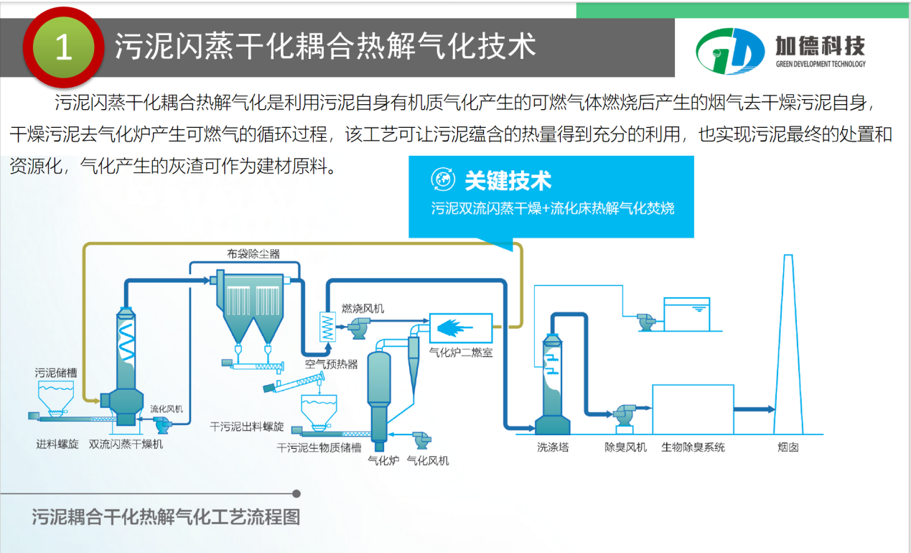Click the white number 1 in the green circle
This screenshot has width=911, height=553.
pos(63,47)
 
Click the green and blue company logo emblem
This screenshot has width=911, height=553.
pos(730,51)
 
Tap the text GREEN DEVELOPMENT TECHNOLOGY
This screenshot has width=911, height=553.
pos(821,64)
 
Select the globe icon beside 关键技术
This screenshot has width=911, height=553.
pos(443,179)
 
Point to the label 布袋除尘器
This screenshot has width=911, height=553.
pos(253,254)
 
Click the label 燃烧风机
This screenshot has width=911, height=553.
pos(363,308)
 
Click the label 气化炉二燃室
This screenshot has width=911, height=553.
pos(461,353)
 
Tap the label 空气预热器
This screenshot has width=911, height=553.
pos(332,364)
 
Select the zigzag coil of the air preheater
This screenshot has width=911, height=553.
pos(327,327)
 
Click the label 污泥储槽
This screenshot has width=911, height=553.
pos(56,373)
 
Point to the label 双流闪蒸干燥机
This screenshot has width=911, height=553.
pos(126,445)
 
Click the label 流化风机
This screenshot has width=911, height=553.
pos(167,409)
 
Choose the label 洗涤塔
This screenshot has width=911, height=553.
pos(553,447)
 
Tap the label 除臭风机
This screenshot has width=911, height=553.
pos(625,447)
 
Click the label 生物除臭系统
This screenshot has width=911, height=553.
pos(693,447)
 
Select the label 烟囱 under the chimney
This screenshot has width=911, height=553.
pos(788,447)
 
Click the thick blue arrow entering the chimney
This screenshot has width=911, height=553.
pos(755,409)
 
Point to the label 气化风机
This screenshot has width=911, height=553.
pos(428,460)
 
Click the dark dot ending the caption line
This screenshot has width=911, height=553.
pos(296,493)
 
